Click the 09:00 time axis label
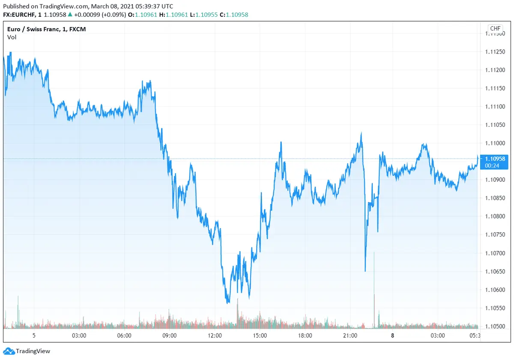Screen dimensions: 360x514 coord(169,336)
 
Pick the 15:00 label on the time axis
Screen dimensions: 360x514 coord(260,336)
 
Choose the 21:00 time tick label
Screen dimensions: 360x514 coord(350,336)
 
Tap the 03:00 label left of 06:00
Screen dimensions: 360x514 coord(79,336)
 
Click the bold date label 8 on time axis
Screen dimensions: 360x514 coord(392,336)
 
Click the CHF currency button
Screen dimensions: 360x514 coord(495,29)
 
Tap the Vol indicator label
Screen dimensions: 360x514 coord(12,37)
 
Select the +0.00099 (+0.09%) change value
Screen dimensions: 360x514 coord(100,15)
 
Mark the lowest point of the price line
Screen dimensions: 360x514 coord(228,303)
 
